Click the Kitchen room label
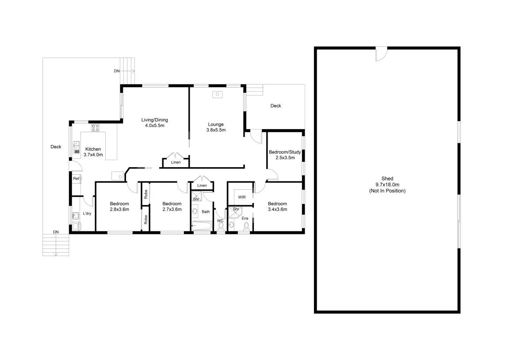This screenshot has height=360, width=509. point(93,152)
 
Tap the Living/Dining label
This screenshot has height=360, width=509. point(154,123)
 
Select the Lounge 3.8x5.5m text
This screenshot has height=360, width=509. point(216,127)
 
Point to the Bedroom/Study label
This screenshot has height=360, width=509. point(285,155)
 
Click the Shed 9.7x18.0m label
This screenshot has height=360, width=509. point(387,185)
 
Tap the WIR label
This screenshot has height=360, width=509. point(242,197)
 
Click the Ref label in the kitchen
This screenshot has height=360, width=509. point(76,179)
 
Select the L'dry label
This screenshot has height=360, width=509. point(87,214)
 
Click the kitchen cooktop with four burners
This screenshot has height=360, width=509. point(96,127)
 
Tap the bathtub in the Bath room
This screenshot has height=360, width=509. point(202,226)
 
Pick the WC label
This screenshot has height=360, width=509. point(220,221)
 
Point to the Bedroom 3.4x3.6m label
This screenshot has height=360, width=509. point(278,207)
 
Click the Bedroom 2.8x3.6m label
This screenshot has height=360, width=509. point(119,207)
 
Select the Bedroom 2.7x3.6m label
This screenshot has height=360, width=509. point(172,207)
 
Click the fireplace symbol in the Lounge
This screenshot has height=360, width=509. point(217,95)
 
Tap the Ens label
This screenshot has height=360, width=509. point(245,218)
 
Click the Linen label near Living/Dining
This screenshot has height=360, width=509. point(176,162)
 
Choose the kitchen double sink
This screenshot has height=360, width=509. point(77,147)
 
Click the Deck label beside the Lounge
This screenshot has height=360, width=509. point(276,106)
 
